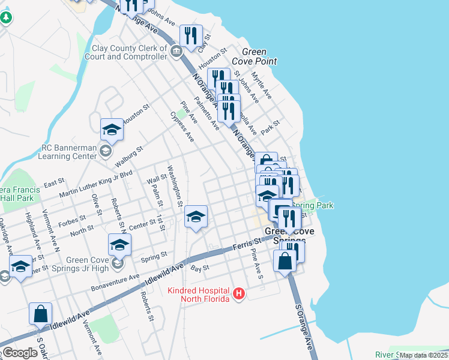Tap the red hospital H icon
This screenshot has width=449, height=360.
[x=240, y=293]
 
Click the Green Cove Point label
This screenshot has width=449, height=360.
[x=259, y=56]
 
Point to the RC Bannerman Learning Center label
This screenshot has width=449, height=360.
[x=68, y=151]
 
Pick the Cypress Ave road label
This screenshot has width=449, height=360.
[x=182, y=126]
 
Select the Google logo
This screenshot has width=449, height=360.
[x=19, y=353]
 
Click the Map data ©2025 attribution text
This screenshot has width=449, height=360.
[x=424, y=355]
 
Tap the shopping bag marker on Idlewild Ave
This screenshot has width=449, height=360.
[x=41, y=314]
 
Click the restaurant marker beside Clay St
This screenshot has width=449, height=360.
[x=191, y=36]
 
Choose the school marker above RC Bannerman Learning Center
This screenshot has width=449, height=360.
[x=112, y=130]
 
